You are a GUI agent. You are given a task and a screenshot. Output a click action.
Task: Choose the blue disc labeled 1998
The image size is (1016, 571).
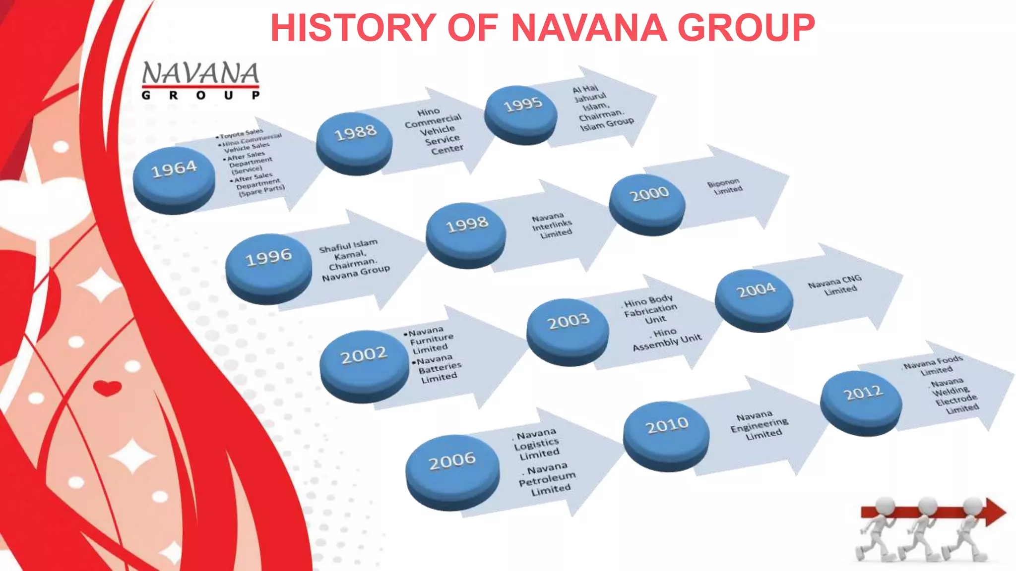pyautogui.click(x=466, y=231)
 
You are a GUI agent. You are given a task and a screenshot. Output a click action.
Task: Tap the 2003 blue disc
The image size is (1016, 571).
pyautogui.click(x=568, y=328)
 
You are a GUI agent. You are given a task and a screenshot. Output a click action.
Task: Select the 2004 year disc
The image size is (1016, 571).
pyautogui.click(x=755, y=296)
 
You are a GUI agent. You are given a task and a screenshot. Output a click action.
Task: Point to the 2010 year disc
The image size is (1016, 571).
pyautogui.click(x=666, y=432)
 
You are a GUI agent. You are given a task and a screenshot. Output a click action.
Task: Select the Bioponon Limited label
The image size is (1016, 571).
pyautogui.click(x=725, y=186)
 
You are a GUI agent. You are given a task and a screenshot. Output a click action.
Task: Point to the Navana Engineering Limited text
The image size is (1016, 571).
pyautogui.click(x=759, y=425)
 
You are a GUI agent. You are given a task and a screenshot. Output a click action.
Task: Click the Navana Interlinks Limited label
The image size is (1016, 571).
pyautogui.click(x=552, y=226)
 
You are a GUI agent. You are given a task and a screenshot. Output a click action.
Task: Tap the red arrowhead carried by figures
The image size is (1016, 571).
pyautogui.click(x=994, y=512)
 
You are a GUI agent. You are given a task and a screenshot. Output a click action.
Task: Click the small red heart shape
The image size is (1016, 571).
pyautogui.click(x=107, y=388)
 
